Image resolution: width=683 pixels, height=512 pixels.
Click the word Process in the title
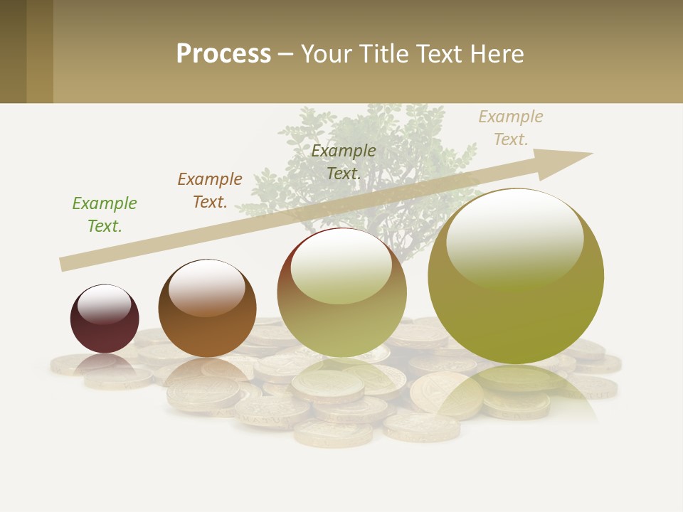point(223,54)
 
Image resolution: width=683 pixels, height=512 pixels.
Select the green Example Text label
point(104,215)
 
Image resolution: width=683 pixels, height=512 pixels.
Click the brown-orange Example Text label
point(210,191)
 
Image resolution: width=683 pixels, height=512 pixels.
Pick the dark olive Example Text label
point(344,162)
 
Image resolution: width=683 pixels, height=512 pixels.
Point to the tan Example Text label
point(511,128)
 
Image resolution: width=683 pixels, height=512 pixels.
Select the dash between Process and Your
point(285,54)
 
